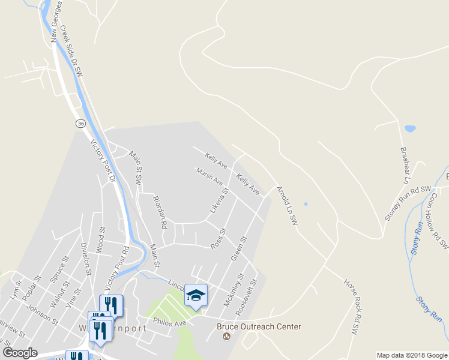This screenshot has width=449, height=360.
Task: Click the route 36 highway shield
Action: tap(80, 123)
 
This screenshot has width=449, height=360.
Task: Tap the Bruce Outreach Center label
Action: tap(258, 327)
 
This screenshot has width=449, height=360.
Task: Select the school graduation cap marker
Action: tap(196, 295)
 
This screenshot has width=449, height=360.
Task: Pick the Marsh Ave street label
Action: tap(209, 176)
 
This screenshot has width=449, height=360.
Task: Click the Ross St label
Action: tap(218, 238)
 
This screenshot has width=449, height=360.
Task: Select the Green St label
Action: tap(239, 248)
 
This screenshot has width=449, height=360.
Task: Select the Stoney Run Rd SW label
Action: tap(408, 203)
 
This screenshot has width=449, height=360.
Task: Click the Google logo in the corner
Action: tap(20, 352)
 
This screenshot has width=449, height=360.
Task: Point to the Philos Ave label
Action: tap(170, 323)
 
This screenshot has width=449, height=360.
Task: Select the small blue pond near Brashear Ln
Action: tap(410, 128)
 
